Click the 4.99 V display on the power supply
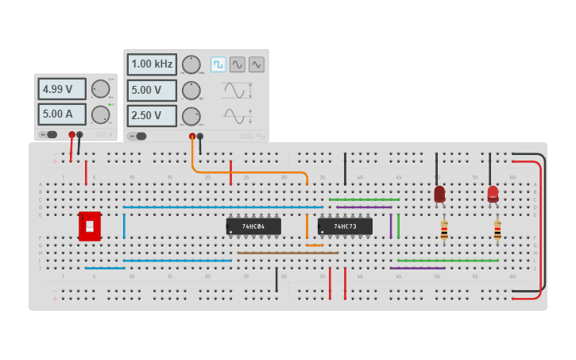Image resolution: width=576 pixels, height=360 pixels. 62,89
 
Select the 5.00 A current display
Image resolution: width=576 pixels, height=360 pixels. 62,114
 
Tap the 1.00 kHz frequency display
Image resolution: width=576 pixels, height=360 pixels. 152,64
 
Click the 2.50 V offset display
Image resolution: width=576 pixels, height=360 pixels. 152,115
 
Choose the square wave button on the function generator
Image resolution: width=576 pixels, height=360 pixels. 218,64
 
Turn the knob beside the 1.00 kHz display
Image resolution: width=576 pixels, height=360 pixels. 191,64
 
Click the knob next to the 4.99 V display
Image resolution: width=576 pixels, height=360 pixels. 100,88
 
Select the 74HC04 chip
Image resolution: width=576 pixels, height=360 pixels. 253,226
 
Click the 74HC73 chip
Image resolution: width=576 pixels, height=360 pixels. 345,226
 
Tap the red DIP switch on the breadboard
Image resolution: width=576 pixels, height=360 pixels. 89,226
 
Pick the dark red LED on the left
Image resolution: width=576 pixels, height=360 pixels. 439,193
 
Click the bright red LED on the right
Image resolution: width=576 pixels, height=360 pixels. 493,193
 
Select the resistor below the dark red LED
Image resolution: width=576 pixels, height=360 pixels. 444,230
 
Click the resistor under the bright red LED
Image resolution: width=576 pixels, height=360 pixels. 497,230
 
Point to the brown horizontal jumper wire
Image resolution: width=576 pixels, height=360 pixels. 286,253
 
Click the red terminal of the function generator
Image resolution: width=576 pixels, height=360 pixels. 191,137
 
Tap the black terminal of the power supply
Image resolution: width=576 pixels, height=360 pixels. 79,135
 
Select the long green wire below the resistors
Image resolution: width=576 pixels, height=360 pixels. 449,261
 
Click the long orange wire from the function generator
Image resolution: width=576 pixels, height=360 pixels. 254,172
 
